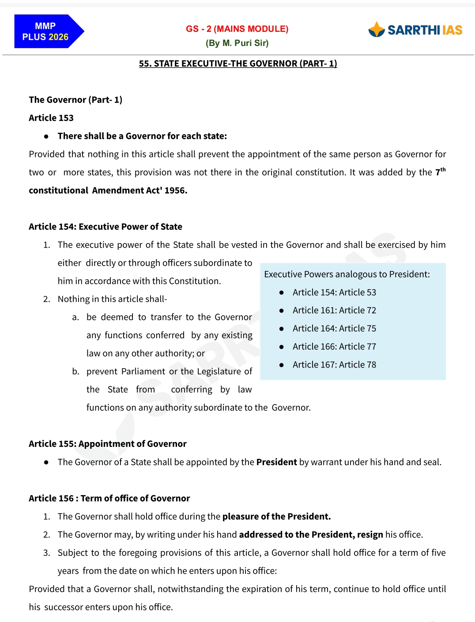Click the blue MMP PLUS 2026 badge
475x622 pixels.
pyautogui.click(x=46, y=31)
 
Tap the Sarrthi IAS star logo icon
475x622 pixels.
pyautogui.click(x=377, y=30)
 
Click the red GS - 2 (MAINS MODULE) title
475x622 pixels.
pyautogui.click(x=237, y=29)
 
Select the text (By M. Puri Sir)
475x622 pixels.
pyautogui.click(x=237, y=43)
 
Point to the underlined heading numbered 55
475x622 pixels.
pyautogui.click(x=238, y=64)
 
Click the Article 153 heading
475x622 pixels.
pyautogui.click(x=51, y=118)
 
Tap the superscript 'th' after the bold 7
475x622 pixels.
pyautogui.click(x=443, y=169)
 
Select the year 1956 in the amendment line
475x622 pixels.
pyautogui.click(x=176, y=191)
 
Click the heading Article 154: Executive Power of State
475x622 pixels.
pyautogui.click(x=106, y=227)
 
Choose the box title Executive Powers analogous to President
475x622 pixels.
pyautogui.click(x=347, y=274)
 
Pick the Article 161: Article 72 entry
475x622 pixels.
pyautogui.click(x=334, y=310)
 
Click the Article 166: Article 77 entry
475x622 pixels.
pyautogui.click(x=334, y=347)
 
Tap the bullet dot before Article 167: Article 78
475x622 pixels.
pyautogui.click(x=281, y=365)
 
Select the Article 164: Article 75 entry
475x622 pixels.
pyautogui.click(x=334, y=328)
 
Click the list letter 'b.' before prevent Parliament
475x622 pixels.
pyautogui.click(x=76, y=371)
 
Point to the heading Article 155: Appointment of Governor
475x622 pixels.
pyautogui.click(x=108, y=444)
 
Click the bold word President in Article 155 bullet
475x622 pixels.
pyautogui.click(x=276, y=462)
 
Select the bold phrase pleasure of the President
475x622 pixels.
pyautogui.click(x=276, y=516)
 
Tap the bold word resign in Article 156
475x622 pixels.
pyautogui.click(x=370, y=534)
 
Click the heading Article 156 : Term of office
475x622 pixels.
pyautogui.click(x=109, y=498)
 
